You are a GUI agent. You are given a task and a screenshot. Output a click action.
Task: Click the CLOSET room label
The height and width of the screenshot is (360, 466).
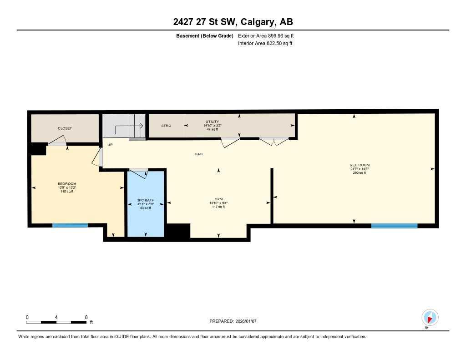[65, 128]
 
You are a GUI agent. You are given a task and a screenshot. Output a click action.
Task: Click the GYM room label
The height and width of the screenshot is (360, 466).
[218, 199]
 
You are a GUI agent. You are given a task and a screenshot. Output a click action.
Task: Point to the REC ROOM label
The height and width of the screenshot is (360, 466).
[360, 165]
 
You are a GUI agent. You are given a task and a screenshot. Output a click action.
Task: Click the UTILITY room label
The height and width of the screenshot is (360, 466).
[213, 122]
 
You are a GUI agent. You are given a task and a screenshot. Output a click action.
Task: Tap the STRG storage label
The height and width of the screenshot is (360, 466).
[166, 126]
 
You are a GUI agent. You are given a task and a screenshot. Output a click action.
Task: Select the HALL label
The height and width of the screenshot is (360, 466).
[199, 154]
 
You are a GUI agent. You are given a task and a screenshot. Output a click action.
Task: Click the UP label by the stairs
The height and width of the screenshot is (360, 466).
[110, 145]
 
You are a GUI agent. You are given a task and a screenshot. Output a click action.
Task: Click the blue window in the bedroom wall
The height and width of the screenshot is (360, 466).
[70, 225]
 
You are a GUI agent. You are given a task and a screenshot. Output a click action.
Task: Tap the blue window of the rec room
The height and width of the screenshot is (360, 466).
[394, 225]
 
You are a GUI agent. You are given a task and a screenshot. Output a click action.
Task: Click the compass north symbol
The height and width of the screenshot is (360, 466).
[430, 317]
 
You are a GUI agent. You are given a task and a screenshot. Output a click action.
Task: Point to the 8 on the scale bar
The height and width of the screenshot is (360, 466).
[86, 317]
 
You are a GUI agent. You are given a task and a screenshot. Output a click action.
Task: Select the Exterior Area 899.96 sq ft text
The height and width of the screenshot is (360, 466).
[269, 35]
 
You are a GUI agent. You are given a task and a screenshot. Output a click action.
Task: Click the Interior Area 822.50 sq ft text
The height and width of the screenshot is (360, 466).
[265, 44]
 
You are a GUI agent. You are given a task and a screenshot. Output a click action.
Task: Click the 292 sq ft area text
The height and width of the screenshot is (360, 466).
[360, 173]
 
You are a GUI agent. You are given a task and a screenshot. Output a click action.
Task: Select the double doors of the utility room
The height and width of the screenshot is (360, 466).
[274, 141]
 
